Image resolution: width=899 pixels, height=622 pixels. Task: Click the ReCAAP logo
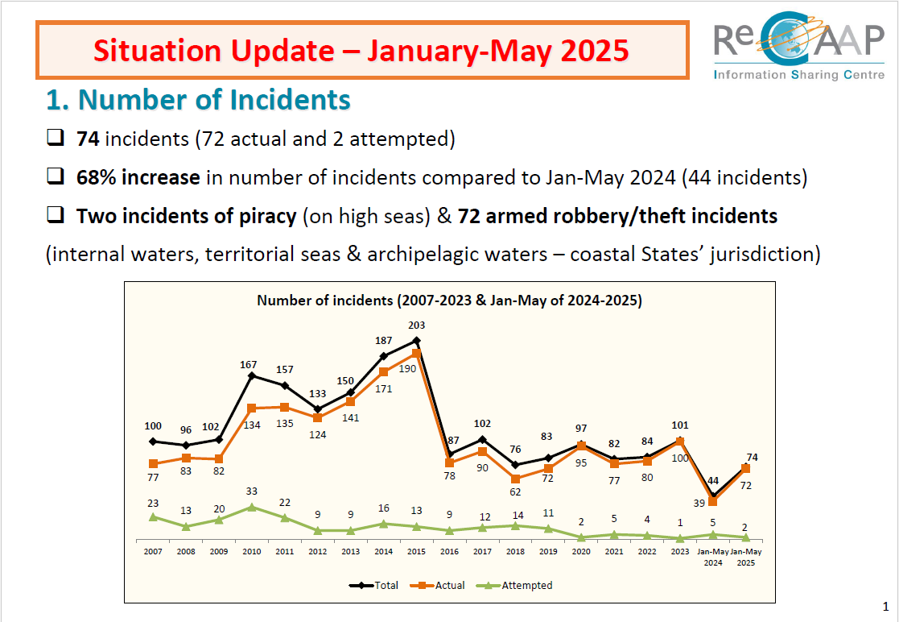[x=798, y=45]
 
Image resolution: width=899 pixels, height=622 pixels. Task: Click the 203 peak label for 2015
[x=416, y=326]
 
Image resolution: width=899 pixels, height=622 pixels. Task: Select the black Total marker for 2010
[x=252, y=375]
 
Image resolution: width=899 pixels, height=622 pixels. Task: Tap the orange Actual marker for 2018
[x=515, y=479]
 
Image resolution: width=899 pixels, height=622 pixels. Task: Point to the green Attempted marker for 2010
[x=252, y=508]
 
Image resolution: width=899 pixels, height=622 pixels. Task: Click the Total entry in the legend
[x=373, y=585]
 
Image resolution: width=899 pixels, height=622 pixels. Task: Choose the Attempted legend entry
[x=514, y=585]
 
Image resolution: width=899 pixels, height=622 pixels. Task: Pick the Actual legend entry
[x=438, y=585]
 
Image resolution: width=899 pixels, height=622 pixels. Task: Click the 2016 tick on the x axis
[x=449, y=551]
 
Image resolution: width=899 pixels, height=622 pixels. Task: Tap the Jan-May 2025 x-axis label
[x=746, y=558]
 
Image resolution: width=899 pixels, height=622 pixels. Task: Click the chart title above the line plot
[x=449, y=301]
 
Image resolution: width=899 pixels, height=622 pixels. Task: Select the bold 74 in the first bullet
[x=88, y=139]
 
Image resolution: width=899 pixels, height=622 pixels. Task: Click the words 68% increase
[x=138, y=177]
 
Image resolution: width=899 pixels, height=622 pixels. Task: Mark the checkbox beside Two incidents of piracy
[x=56, y=215]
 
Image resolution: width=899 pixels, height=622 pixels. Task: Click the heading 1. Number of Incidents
[x=198, y=100]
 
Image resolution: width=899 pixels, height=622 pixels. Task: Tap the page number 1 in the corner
[x=886, y=607]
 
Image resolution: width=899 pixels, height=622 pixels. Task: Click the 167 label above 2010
[x=248, y=365]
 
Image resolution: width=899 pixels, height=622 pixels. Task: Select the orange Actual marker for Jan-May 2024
[x=712, y=501]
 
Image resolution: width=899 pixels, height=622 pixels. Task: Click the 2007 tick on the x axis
[x=153, y=551]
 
